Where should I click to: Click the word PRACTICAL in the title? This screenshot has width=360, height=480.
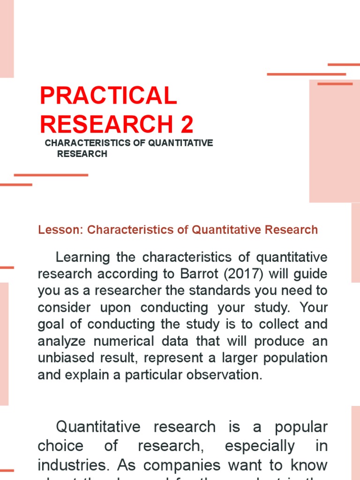point(108,97)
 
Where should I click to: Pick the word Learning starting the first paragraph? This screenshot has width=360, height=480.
point(82,257)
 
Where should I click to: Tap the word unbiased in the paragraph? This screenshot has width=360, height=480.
point(65,358)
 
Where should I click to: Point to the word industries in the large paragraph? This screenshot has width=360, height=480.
point(75,465)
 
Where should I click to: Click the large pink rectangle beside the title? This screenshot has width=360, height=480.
point(334,141)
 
